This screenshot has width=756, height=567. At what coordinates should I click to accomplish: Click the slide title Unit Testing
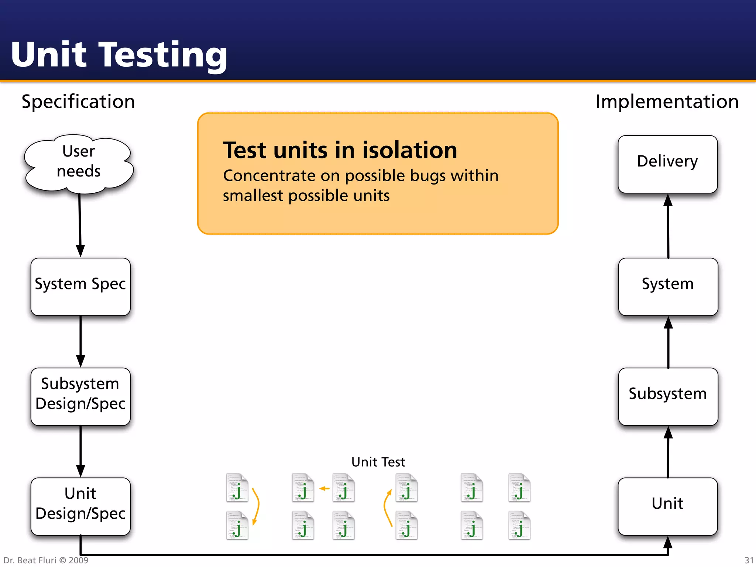coord(119,55)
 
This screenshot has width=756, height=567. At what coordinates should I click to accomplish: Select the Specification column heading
coord(78,102)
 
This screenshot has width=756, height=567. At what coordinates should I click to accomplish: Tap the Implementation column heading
coord(667,102)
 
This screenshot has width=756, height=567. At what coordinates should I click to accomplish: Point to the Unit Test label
coord(378,462)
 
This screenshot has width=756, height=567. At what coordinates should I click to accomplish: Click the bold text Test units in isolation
coord(340,150)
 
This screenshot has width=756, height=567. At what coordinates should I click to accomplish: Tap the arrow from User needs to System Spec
coord(80,225)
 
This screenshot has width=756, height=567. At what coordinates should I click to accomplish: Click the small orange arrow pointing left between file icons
coord(324,488)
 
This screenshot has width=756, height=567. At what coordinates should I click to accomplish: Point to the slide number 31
coord(749,560)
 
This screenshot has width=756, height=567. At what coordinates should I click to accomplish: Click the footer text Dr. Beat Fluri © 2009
coord(46,560)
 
